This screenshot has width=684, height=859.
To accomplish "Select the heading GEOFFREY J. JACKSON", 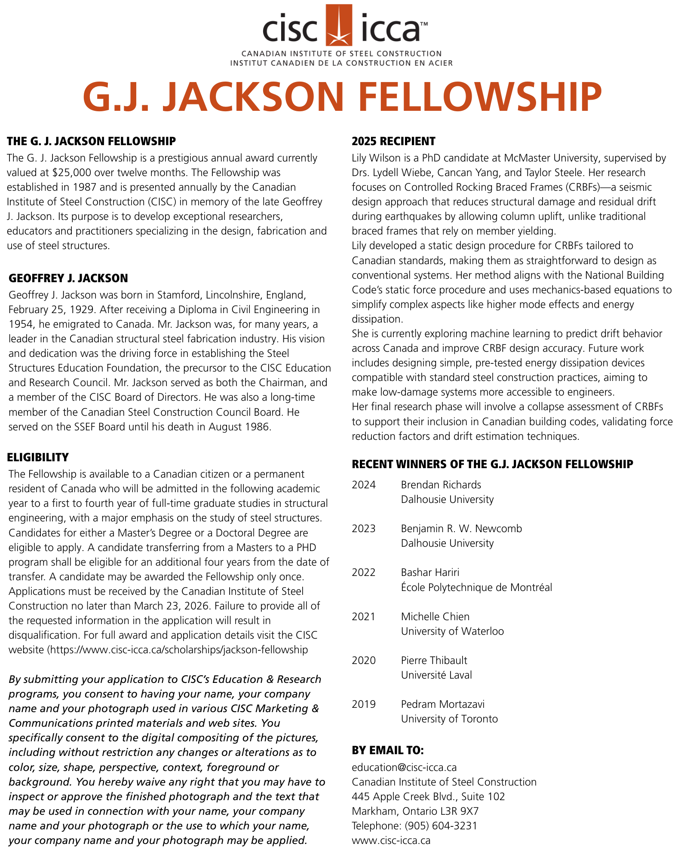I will coord(68,278).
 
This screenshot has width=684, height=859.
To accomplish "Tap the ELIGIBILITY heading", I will coord(38,457).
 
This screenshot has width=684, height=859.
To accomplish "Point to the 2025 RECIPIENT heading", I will coord(393,141).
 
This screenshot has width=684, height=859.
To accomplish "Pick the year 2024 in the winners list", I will coord(364,485).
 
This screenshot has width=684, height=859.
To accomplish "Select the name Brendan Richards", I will coord(441,485).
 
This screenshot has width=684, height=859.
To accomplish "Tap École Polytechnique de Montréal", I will coord(476,587).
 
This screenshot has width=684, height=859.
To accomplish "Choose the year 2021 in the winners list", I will coord(364,617).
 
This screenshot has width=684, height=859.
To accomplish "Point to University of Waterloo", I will coord(452,631).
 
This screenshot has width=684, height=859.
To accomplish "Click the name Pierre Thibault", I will coord(434,661).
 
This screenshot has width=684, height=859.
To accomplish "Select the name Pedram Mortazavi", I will coord(442,704).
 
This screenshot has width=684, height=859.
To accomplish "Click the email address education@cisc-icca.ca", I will coord(404,768).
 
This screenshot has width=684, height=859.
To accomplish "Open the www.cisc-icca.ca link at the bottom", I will coord(391,841).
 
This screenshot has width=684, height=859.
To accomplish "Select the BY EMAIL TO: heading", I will coord(388,750).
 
